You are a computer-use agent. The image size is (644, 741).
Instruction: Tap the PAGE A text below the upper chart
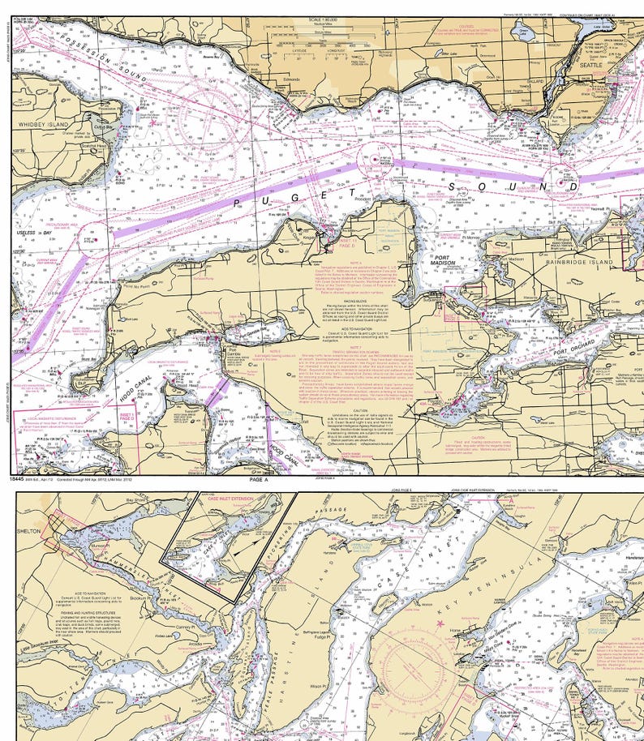coord(259,479)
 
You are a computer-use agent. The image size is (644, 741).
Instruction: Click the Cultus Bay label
coord(103,127)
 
